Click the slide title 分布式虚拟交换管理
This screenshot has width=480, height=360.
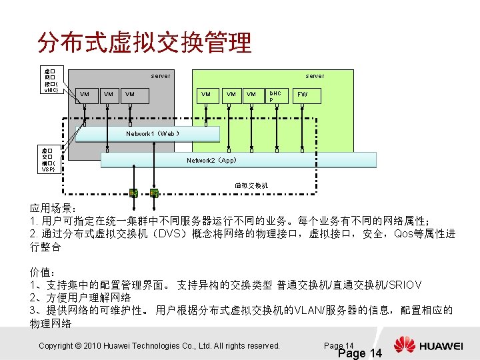point(145,43)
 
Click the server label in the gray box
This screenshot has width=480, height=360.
point(160,76)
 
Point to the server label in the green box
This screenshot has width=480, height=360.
point(315,76)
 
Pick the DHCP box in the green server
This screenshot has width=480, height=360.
point(275,96)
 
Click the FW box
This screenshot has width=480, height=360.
point(303,96)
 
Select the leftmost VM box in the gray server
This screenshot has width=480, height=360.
point(85,95)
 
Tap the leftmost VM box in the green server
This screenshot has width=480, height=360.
point(206,95)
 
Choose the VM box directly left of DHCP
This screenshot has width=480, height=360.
point(251,95)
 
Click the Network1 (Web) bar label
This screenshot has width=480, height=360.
point(152,134)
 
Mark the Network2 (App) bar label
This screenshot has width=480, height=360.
point(211,160)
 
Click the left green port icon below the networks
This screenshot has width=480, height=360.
point(133,193)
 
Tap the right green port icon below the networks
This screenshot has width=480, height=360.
point(154,193)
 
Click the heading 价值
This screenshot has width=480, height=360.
point(41,273)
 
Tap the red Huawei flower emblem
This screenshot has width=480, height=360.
point(404,345)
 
